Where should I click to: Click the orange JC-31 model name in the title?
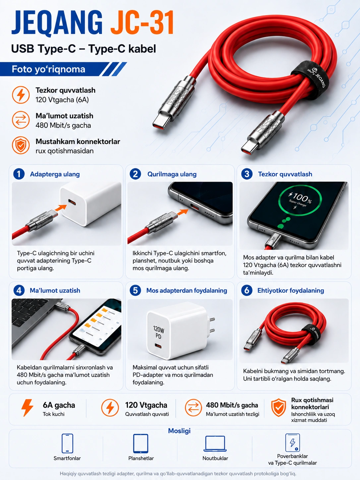pos(142,23)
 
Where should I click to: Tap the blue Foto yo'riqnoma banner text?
pos(48,69)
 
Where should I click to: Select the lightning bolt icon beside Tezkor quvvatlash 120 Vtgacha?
pos(21,95)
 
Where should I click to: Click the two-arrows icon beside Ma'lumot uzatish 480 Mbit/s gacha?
pos(21,120)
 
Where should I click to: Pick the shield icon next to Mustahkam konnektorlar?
pos(21,145)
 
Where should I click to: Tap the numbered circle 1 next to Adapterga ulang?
pos(19,174)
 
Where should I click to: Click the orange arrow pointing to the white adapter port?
pos(61,208)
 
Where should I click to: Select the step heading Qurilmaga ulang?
pos(172,174)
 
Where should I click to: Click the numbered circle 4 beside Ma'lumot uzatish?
pos(19,290)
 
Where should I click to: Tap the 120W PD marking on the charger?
pos(158,332)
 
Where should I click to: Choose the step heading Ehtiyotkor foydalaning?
pos(290,291)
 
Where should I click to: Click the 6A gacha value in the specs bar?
pos(59,405)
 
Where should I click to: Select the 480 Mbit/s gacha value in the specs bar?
pos(232,405)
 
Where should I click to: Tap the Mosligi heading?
pos(179,431)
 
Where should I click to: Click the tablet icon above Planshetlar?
pos(141,444)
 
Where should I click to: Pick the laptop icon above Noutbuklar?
pos(215,444)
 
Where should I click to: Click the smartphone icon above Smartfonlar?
pos(67,444)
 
